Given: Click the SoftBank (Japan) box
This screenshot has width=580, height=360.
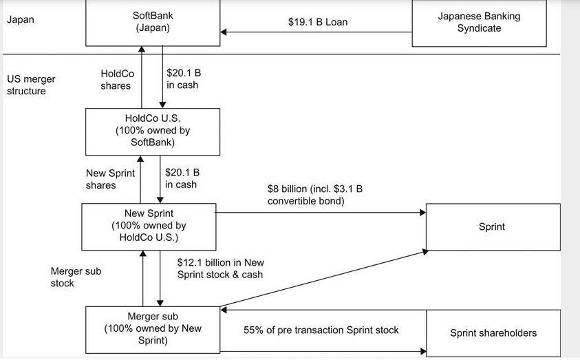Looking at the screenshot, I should (152, 22).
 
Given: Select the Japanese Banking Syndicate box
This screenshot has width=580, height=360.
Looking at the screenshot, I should (479, 23).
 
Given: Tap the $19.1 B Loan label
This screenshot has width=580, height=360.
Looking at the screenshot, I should (317, 22).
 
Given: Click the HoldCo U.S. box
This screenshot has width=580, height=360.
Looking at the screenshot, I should (152, 131).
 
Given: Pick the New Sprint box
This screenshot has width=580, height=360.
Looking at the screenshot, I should (149, 226).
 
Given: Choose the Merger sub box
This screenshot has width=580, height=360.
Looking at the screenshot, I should (153, 328).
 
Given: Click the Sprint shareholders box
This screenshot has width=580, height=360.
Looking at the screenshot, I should (493, 333).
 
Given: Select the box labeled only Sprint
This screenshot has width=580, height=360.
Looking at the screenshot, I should (491, 226).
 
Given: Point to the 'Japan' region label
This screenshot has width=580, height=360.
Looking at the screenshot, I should (20, 20).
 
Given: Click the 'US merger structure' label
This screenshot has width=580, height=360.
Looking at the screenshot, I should (31, 85).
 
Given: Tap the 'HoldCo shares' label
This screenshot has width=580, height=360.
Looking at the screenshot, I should (117, 79).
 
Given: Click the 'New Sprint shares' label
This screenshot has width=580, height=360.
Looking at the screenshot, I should (110, 179).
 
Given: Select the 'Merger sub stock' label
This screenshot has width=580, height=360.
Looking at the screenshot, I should (76, 277).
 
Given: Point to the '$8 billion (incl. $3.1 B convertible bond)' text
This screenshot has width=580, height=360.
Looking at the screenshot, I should (314, 195).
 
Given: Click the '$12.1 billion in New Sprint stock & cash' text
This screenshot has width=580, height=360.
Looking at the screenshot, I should (220, 268).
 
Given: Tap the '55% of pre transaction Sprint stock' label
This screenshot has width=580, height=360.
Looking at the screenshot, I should (321, 330).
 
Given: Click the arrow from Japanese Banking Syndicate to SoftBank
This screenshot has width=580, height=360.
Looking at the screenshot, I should (316, 32).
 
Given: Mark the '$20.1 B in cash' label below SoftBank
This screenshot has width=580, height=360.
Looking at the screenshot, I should (183, 78).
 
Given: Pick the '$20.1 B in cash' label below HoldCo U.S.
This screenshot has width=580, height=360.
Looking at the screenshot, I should (182, 178).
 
